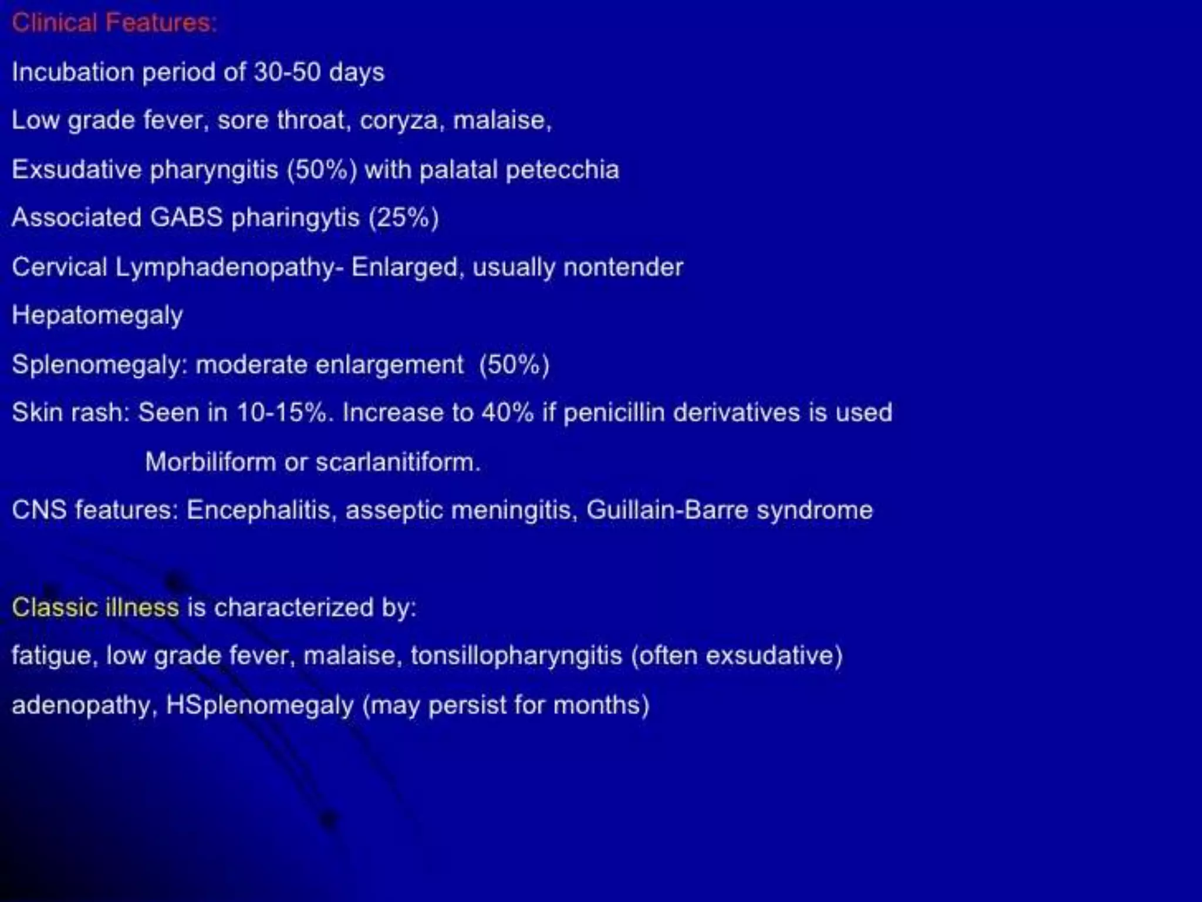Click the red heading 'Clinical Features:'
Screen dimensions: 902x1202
[x=114, y=23]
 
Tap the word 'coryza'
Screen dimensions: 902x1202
[x=399, y=120]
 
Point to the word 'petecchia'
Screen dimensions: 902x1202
[x=562, y=170]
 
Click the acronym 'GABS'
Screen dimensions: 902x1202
[x=186, y=217]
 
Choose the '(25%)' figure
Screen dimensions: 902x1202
[x=403, y=217]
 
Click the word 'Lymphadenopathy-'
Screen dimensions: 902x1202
[x=229, y=268]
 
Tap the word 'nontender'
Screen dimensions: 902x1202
[x=623, y=268]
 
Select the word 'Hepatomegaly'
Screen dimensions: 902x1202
[x=97, y=316]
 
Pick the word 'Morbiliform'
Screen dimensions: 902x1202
[x=210, y=462]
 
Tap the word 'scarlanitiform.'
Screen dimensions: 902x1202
[x=398, y=462]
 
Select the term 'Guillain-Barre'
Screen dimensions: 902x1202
[x=667, y=510]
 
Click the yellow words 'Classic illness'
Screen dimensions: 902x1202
[x=95, y=607]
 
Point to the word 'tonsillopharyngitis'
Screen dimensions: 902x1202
[x=516, y=655]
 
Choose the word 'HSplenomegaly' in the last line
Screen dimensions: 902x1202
[x=259, y=705]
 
